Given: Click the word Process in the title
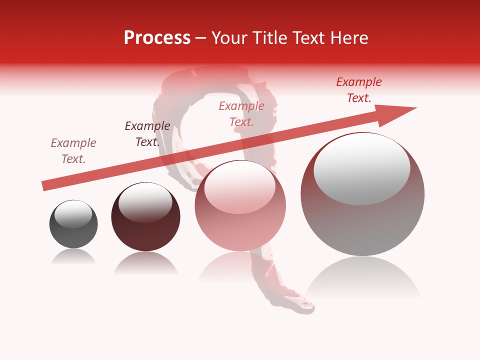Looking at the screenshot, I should (157, 38).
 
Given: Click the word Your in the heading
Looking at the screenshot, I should (230, 38).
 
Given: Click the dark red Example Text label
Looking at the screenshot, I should (147, 134).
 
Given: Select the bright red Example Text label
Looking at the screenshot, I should (359, 90).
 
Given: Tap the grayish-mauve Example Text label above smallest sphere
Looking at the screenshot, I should (73, 151).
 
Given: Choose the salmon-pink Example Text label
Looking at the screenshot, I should (241, 114).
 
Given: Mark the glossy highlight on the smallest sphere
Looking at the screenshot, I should (73, 213).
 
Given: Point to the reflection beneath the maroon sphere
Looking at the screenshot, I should (145, 263).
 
